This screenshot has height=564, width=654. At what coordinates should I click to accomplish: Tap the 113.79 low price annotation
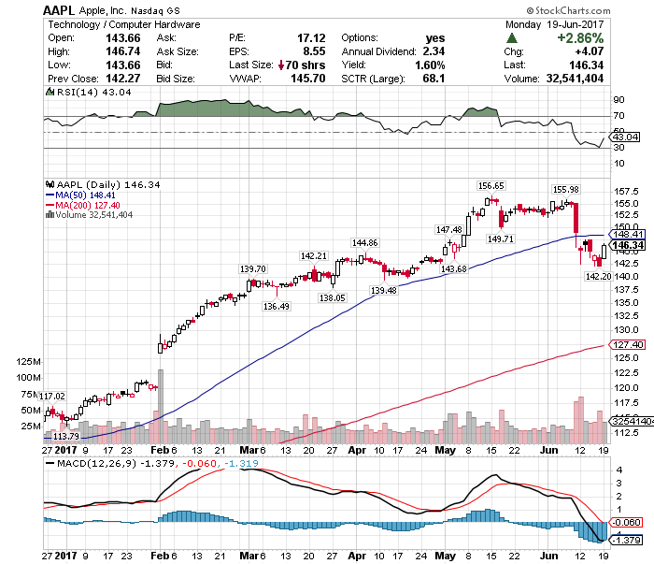pyautogui.click(x=64, y=437)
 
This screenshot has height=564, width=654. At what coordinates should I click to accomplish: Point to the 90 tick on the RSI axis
pyautogui.click(x=618, y=98)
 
